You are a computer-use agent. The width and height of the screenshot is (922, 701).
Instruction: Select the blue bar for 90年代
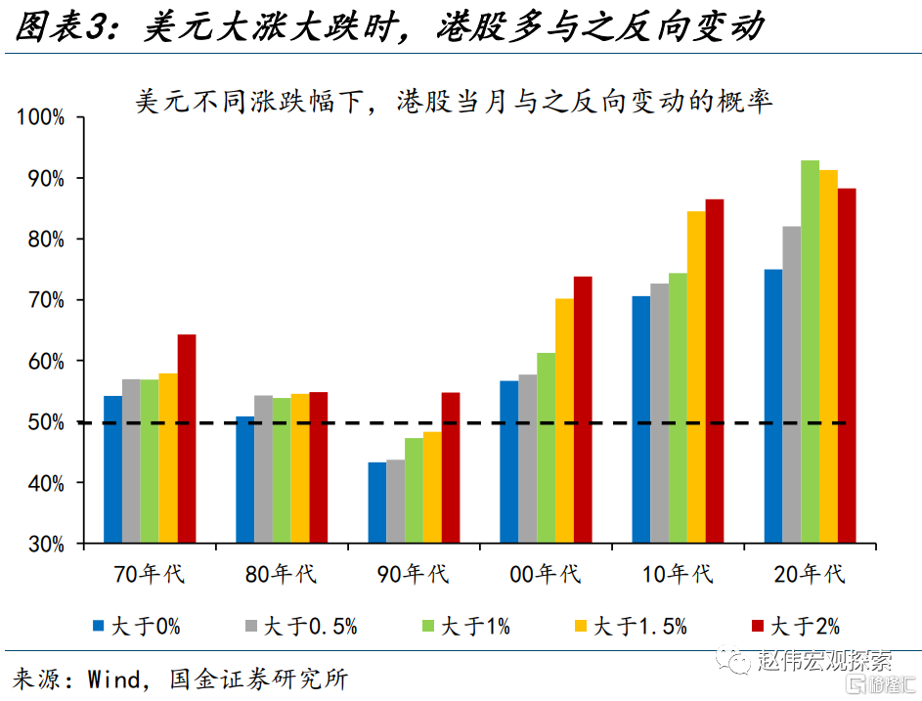tap(376, 503)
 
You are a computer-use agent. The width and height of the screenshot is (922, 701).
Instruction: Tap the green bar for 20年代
tap(810, 352)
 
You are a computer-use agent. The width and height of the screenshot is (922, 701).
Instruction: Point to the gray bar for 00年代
tap(527, 459)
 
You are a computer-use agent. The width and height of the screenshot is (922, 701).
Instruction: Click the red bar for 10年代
tap(715, 371)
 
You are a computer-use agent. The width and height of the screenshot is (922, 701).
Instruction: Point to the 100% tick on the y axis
tap(40, 117)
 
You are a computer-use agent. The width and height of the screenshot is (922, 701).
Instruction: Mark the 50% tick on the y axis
tap(45, 422)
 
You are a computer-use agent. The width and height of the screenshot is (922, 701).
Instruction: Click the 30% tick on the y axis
tap(45, 544)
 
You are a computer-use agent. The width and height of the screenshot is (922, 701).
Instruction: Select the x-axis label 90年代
tap(413, 573)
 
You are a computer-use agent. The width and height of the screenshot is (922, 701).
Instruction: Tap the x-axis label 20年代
tap(809, 573)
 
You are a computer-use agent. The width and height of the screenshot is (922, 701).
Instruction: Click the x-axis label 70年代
tap(149, 573)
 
